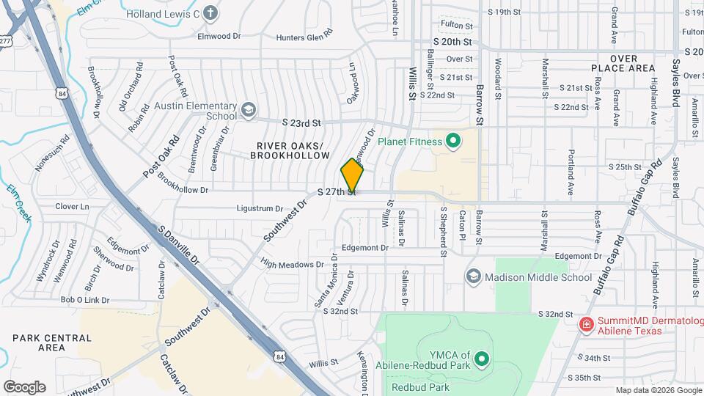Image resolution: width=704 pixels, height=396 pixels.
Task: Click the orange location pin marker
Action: pyautogui.click(x=352, y=176)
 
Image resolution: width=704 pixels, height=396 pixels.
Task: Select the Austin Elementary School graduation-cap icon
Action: pyautogui.click(x=248, y=110)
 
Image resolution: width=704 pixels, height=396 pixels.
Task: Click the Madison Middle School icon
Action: pyautogui.click(x=474, y=276)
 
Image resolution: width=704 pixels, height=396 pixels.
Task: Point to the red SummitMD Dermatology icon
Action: pyautogui.click(x=586, y=324)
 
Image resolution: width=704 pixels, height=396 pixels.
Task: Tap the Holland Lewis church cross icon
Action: pyautogui.click(x=210, y=12)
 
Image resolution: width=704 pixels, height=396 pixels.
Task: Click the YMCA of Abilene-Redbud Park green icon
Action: pyautogui.click(x=482, y=359)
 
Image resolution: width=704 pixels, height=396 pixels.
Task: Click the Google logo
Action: pyautogui.click(x=24, y=386)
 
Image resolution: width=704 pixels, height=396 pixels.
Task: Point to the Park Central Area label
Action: pyautogui.click(x=52, y=342)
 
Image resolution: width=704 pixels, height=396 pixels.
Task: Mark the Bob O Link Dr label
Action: pyautogui.click(x=84, y=300)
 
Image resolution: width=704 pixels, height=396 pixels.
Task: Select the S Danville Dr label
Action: pyautogui.click(x=179, y=246)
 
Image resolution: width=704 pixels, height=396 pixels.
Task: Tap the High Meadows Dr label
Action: pyautogui.click(x=292, y=263)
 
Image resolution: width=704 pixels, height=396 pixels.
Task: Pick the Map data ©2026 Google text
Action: pyautogui.click(x=658, y=390)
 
